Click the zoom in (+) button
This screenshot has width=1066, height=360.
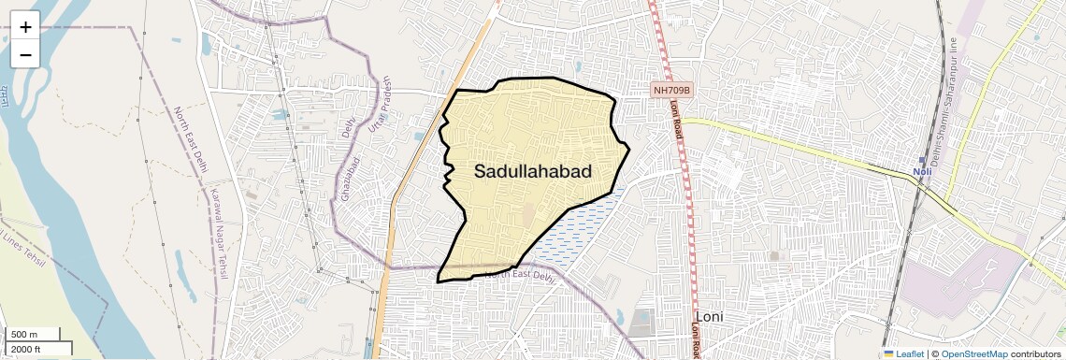(25, 26)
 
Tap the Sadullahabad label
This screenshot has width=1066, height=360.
(533, 171)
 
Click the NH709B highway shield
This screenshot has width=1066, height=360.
(672, 91)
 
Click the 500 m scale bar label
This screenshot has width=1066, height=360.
(25, 335)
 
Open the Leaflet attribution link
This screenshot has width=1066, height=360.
(902, 353)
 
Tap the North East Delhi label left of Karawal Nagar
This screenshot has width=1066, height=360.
(190, 140)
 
